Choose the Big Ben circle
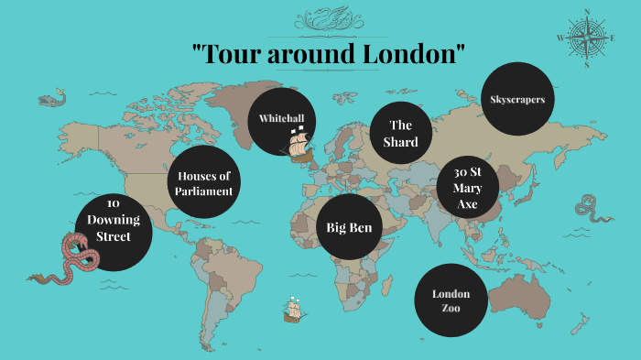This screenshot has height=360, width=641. [349, 227]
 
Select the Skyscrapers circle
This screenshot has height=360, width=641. [517, 98]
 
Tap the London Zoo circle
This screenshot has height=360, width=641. [451, 300]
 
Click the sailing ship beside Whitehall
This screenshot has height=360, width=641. [299, 144]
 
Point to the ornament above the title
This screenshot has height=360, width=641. [322, 17]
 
